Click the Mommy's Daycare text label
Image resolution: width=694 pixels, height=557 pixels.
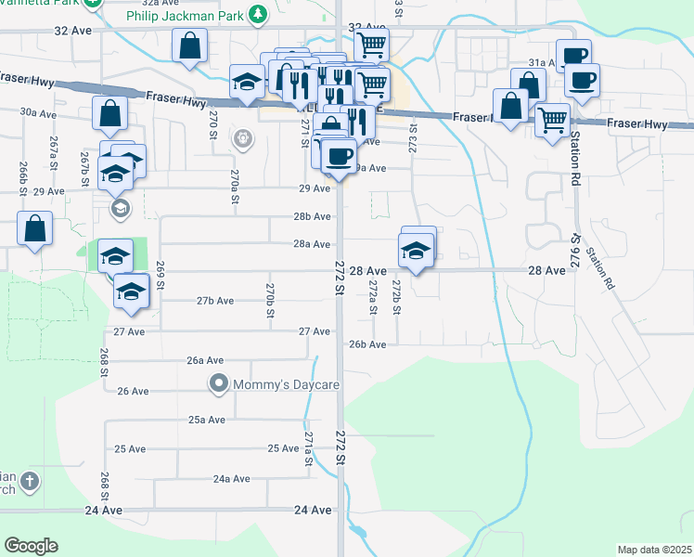287,383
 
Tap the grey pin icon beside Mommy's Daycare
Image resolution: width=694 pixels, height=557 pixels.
219,382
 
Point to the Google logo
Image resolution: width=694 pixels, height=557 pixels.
31,546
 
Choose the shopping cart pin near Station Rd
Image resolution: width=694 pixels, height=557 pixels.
552,120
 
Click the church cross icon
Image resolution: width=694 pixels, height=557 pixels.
30,481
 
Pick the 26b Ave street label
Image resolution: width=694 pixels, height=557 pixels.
367,344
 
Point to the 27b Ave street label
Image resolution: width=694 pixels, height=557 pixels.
214,300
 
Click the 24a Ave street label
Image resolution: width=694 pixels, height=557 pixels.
231,479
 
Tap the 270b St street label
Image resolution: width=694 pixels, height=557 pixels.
270,301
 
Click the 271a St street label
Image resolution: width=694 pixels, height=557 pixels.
308,447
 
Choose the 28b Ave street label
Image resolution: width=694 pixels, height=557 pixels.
313,216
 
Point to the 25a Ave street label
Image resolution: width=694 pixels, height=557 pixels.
207,420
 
